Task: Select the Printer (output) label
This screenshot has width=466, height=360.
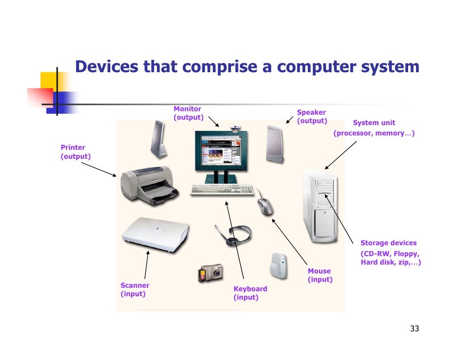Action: (75, 152)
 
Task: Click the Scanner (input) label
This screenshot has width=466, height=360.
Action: (135, 290)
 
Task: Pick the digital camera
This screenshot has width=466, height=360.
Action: (210, 272)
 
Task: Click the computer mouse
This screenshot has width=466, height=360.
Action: (265, 206)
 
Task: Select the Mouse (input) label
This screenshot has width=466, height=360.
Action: (320, 275)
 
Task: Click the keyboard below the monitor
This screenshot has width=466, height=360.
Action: (222, 190)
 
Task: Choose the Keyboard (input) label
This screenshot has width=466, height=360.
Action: (250, 293)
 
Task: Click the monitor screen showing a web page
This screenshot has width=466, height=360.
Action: (217, 151)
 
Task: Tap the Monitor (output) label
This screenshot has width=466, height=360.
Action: (188, 113)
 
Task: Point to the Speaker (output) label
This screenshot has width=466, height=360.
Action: (312, 117)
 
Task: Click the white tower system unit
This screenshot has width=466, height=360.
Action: (320, 207)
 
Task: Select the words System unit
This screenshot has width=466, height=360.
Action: (373, 123)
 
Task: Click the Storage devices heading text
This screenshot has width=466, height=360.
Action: (388, 243)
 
